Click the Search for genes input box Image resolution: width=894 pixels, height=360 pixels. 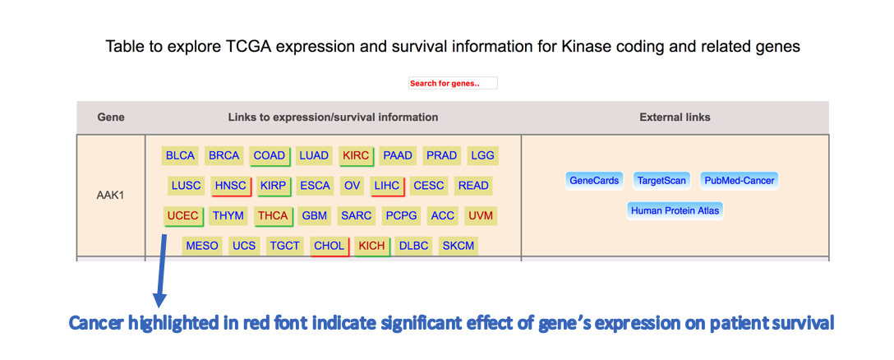pos(453,83)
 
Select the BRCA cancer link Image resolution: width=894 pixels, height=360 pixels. pos(224,155)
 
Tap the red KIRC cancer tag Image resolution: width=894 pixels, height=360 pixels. pos(356,155)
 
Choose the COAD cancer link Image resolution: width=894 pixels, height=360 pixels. pos(270,155)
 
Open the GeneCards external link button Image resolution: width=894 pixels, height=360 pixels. pos(594,181)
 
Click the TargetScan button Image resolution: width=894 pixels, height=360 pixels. pos(661,181)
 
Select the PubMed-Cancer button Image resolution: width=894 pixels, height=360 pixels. pos(740,181)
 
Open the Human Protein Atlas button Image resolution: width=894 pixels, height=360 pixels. pos(675,210)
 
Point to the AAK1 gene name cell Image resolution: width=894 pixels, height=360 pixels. pos(111,196)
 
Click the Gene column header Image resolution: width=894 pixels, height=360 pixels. pos(111,118)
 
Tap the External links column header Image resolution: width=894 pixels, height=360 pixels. pos(675,118)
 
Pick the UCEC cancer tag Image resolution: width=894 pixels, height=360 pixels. pos(182,216)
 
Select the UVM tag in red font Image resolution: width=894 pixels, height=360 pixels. pos(480,216)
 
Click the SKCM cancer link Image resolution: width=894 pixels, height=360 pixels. pos(459,246)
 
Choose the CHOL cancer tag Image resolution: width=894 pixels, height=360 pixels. pos(329,246)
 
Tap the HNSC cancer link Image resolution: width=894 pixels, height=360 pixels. pos(230,186)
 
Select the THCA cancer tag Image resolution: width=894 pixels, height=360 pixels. pos(274,216)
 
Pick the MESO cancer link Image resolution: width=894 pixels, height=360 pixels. pos(202,246)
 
